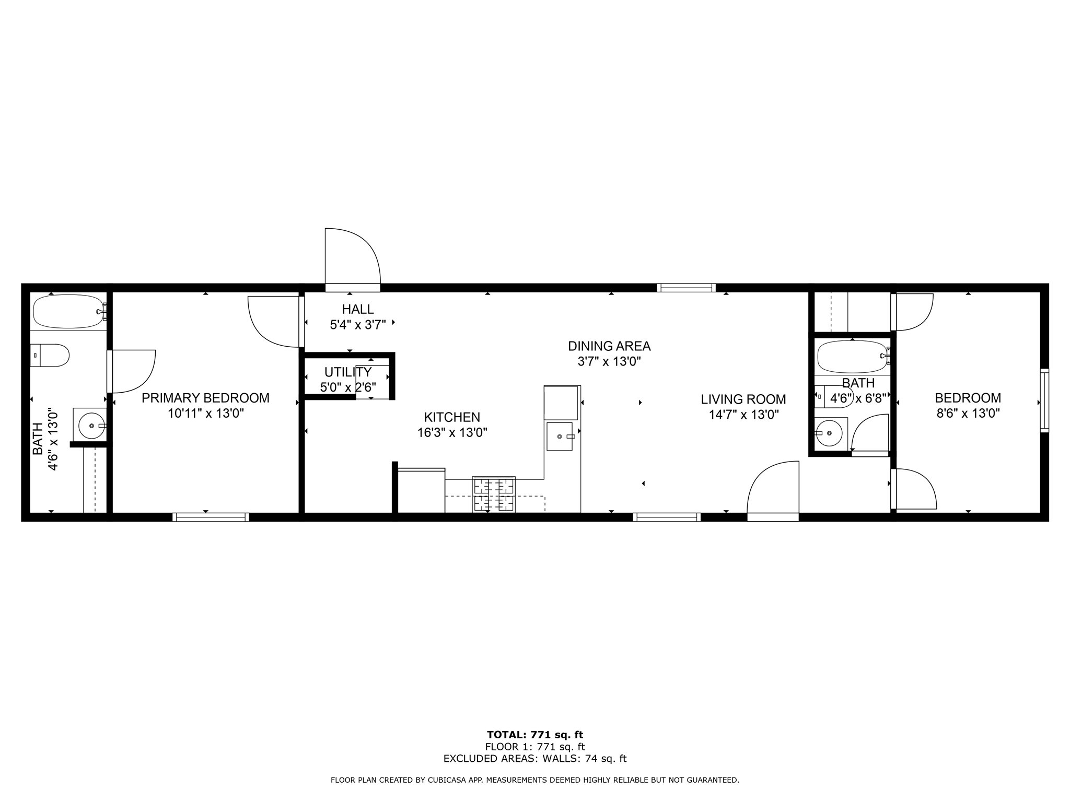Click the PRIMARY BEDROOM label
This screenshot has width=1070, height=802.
205,398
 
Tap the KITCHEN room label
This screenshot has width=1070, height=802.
452,417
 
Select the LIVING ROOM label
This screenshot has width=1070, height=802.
743,399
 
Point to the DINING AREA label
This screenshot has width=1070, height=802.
609,346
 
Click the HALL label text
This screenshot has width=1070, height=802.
358,309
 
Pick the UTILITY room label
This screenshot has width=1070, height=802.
348,372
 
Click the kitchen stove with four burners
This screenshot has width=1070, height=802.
494,494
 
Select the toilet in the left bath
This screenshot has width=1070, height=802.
49,355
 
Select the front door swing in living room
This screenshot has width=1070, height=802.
773,491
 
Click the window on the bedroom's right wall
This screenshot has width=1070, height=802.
1044,400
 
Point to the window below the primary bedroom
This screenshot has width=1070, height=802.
211,517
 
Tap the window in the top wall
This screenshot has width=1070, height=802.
687,288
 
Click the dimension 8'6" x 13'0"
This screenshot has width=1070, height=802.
968,414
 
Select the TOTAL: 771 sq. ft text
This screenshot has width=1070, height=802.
535,735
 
